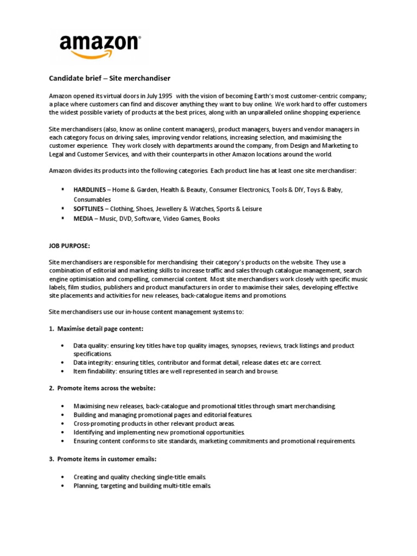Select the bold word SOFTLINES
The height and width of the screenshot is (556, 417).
coord(90,208)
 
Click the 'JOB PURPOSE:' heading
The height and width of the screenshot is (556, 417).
coord(69,245)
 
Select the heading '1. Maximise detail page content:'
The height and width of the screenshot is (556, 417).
coord(96,329)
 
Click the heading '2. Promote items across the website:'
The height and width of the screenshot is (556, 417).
coord(102,388)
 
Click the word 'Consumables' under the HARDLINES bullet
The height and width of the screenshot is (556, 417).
coord(92,199)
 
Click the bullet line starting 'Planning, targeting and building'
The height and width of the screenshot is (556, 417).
coord(142,485)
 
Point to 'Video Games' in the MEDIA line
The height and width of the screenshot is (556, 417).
coord(184,218)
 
